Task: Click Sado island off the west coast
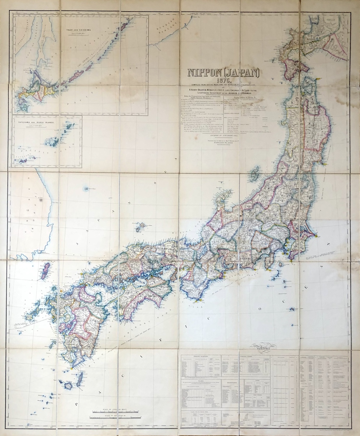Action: (x=255, y=173)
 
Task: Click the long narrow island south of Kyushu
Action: (x=80, y=378)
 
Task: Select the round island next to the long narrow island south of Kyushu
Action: (x=68, y=386)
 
